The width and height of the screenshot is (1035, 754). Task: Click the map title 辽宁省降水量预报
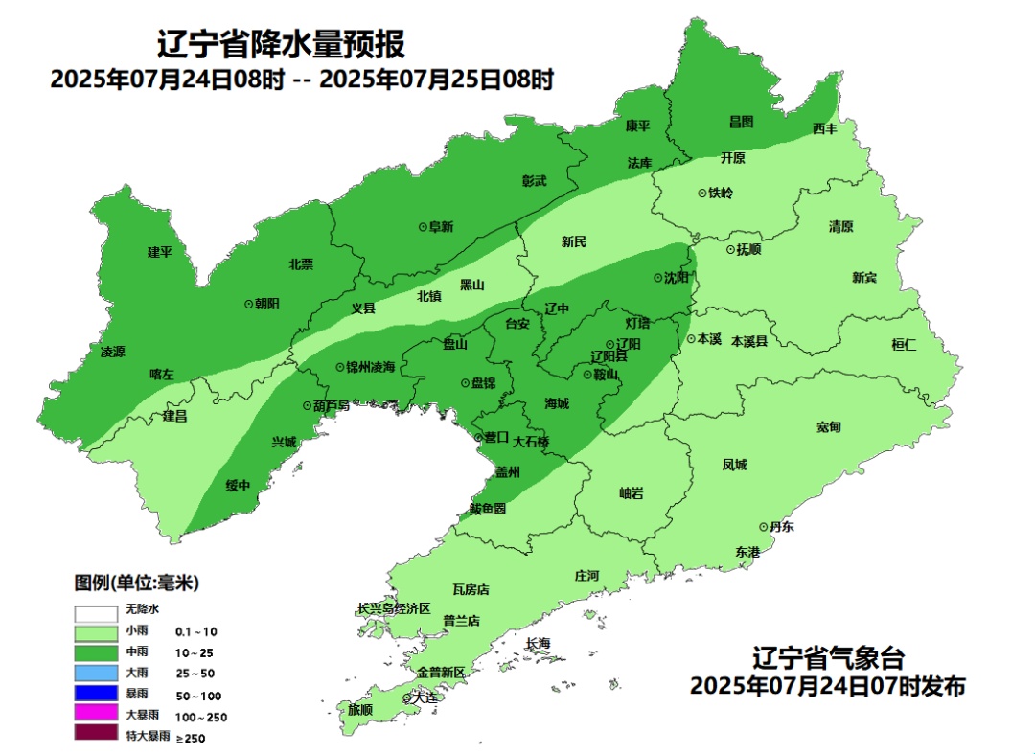pyautogui.click(x=281, y=44)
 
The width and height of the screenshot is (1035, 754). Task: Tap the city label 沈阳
pyautogui.click(x=677, y=278)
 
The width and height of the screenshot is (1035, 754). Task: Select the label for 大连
pyautogui.click(x=424, y=697)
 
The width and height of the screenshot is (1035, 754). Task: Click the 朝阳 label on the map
pyautogui.click(x=267, y=303)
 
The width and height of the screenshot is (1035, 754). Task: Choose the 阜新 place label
pyautogui.click(x=441, y=227)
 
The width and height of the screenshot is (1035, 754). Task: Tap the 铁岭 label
pyautogui.click(x=721, y=193)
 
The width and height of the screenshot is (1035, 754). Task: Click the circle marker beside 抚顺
pyautogui.click(x=729, y=249)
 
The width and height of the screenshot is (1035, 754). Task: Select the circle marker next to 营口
pyautogui.click(x=480, y=438)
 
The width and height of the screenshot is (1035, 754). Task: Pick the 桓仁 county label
pyautogui.click(x=904, y=345)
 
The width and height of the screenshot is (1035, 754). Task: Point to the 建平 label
pyautogui.click(x=159, y=252)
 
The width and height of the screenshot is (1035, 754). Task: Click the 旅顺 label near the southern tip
pyautogui.click(x=360, y=710)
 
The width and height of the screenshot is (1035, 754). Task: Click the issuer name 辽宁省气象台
pyautogui.click(x=827, y=659)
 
